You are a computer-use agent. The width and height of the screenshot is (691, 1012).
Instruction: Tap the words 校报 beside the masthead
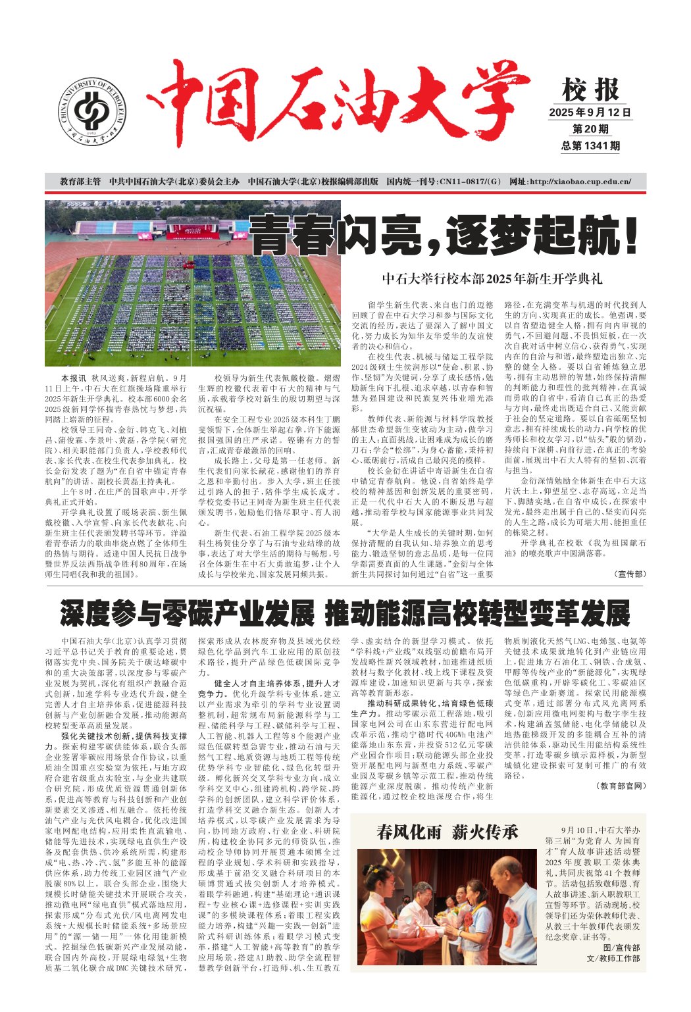pyautogui.click(x=590, y=90)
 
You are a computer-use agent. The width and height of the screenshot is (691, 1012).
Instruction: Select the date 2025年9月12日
pyautogui.click(x=590, y=112)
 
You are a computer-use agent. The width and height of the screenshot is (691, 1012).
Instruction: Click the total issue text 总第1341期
pyautogui.click(x=590, y=145)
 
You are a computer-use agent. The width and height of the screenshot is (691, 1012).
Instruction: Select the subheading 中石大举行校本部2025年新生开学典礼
pyautogui.click(x=492, y=279)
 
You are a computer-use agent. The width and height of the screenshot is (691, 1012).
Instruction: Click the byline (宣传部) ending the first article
pyautogui.click(x=630, y=574)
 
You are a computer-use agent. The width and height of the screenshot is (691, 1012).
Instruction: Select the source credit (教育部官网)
pyautogui.click(x=621, y=786)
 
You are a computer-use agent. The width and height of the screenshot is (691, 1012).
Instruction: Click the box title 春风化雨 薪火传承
pyautogui.click(x=447, y=832)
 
